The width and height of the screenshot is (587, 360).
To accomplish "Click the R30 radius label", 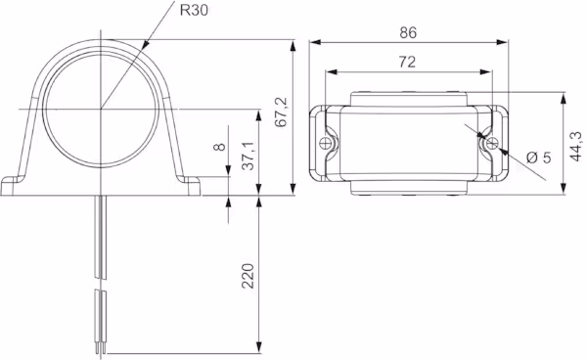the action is tap(194, 10).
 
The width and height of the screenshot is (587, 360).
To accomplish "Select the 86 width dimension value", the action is tap(408, 33).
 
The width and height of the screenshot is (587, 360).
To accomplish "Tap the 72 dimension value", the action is tap(407, 62).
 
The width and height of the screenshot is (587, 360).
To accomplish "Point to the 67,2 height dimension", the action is tap(281, 112).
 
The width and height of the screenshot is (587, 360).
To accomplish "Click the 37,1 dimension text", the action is tap(248, 157).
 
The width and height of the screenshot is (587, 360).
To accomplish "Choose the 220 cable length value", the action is tap(248, 276).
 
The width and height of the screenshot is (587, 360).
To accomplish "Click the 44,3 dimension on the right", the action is tap(576, 147).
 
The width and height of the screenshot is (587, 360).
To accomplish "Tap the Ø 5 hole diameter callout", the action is tap(539, 157).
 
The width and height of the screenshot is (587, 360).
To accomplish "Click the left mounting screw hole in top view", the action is tap(325, 143).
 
